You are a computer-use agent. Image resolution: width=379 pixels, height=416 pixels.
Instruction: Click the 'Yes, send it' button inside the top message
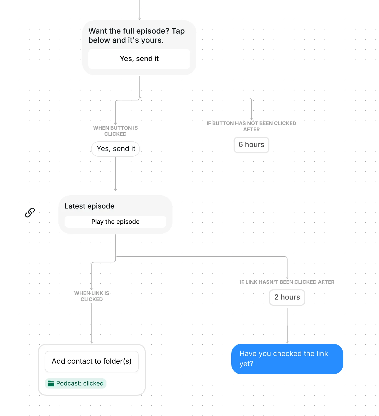(x=139, y=59)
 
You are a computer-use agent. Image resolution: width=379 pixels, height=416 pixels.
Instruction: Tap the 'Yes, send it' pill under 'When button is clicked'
(x=115, y=149)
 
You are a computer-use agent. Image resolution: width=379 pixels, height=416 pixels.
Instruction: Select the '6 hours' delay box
(x=251, y=145)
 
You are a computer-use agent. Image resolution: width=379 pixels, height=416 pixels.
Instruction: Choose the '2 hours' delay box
(x=287, y=297)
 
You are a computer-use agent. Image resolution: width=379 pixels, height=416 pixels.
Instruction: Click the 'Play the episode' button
(x=115, y=222)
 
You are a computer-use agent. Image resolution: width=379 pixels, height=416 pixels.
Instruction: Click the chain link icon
(x=30, y=213)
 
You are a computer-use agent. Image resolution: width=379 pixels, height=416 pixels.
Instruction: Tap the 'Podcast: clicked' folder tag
(x=76, y=383)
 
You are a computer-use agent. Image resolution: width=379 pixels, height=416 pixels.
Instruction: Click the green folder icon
(x=51, y=383)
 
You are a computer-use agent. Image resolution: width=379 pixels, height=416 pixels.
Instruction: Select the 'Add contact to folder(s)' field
(x=92, y=361)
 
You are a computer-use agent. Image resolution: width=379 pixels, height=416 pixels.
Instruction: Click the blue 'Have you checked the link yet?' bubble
(x=287, y=359)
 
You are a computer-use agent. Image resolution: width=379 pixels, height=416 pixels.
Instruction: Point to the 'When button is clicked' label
(x=115, y=131)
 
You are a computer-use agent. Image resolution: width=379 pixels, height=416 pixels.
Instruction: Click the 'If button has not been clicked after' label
(x=251, y=126)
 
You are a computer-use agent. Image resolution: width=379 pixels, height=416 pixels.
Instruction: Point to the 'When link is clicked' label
(x=92, y=296)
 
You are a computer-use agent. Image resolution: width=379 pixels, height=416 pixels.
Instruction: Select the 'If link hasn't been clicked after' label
(x=287, y=282)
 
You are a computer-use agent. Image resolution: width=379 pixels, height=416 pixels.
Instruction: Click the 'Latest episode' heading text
(x=89, y=206)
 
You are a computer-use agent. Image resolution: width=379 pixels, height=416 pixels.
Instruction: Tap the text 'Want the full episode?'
(x=129, y=31)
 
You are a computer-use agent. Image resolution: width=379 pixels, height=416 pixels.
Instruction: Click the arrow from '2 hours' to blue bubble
(x=287, y=326)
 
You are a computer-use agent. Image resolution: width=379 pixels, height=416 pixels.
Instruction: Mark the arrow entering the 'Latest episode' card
(x=115, y=174)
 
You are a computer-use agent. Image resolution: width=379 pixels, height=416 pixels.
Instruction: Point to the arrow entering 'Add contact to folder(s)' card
(x=92, y=323)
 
